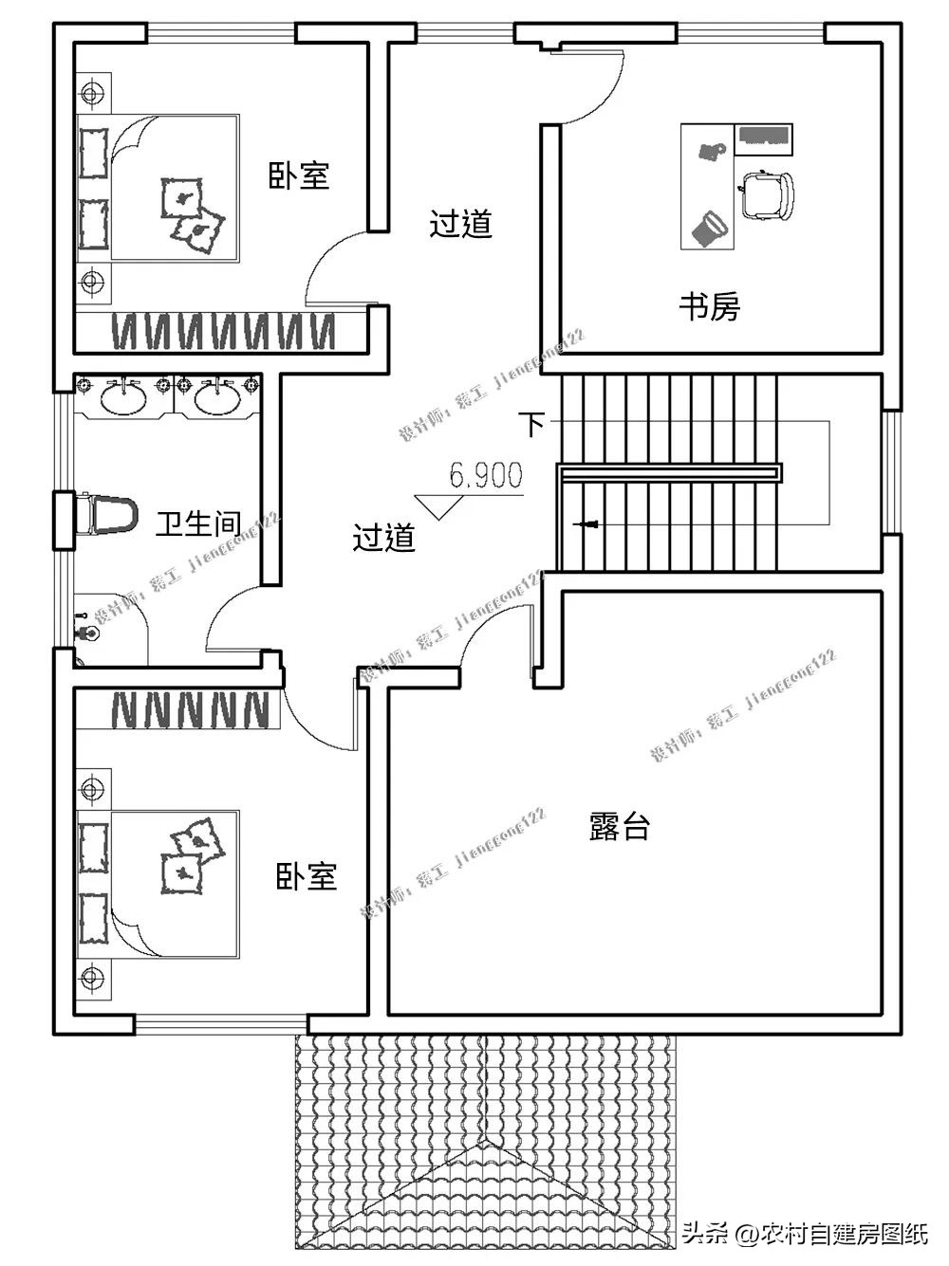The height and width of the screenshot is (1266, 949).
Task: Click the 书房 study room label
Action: tap(709, 306)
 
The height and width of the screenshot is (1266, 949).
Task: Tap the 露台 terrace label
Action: tap(619, 826)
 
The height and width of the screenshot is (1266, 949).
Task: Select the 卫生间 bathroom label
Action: tap(197, 523)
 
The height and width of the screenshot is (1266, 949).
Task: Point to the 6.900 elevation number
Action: tap(486, 476)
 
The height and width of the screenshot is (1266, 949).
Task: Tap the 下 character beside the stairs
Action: tap(533, 423)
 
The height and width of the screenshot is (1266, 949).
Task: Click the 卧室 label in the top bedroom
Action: tap(299, 175)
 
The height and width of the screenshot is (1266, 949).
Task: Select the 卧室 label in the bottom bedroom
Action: tap(306, 875)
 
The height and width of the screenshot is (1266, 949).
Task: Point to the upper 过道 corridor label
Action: tap(460, 225)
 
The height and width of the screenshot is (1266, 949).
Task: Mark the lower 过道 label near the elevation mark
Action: tap(383, 538)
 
